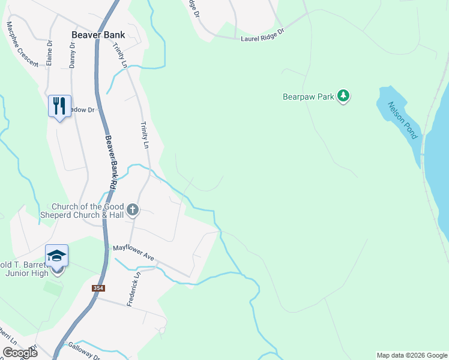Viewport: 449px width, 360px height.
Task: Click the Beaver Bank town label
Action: [x=98, y=35]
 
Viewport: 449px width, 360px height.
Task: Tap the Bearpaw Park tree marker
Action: [x=343, y=95]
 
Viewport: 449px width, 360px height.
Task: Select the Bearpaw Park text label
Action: [x=308, y=95]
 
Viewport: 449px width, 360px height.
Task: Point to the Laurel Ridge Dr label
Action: [x=262, y=37]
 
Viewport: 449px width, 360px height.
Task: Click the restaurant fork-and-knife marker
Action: [x=59, y=106]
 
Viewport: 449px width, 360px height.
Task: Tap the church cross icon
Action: [x=133, y=210]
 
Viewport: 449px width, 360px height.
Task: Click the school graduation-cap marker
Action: [x=57, y=256]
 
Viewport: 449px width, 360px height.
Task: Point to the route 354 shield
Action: [x=98, y=289]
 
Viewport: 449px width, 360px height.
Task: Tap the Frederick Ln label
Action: [x=133, y=290]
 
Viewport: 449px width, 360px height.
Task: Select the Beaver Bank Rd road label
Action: [x=112, y=159]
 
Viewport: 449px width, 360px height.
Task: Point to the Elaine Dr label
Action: [x=50, y=52]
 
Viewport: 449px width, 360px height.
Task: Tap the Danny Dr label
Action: [x=72, y=55]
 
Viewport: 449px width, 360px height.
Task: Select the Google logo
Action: [x=20, y=353]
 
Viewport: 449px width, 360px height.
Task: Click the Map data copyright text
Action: [x=412, y=355]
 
